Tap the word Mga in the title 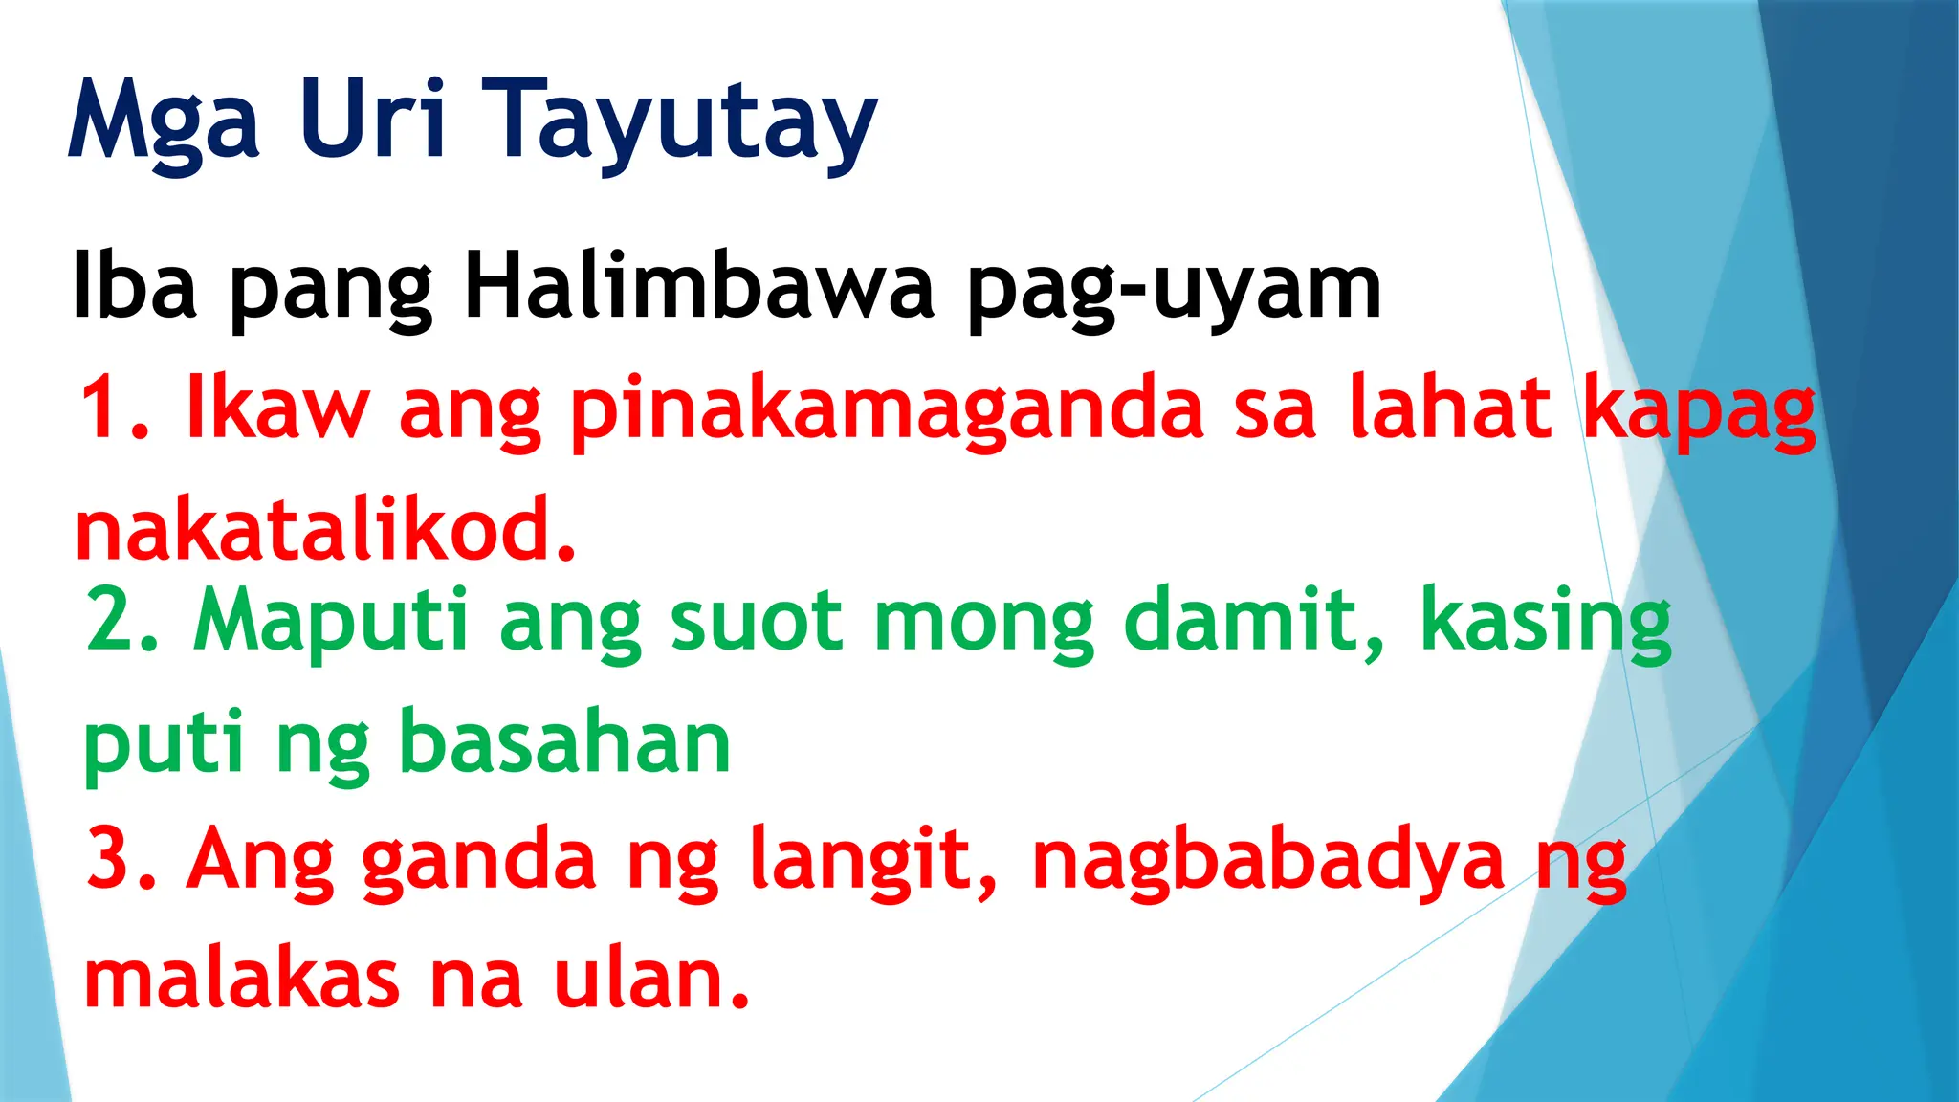click(x=164, y=122)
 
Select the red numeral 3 click(x=115, y=858)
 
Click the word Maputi click(x=331, y=622)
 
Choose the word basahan click(x=564, y=743)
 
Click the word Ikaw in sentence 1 click(x=276, y=408)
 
